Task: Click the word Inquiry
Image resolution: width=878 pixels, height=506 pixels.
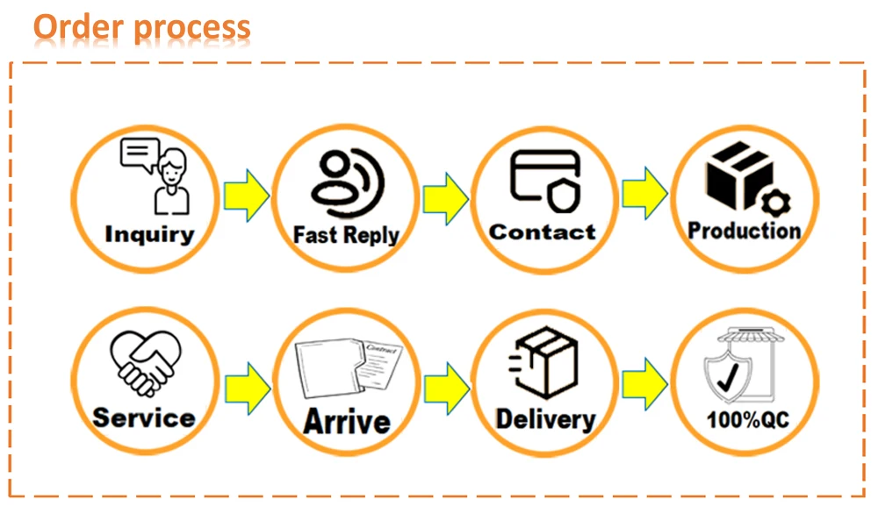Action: (149, 234)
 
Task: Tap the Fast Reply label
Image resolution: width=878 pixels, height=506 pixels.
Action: (346, 235)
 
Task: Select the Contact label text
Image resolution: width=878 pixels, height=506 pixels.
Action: (542, 232)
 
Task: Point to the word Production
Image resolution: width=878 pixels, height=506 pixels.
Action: (745, 231)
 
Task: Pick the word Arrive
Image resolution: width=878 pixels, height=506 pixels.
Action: (346, 421)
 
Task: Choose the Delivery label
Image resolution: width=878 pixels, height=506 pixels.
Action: (545, 418)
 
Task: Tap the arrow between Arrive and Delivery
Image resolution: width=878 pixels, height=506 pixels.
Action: (446, 383)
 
